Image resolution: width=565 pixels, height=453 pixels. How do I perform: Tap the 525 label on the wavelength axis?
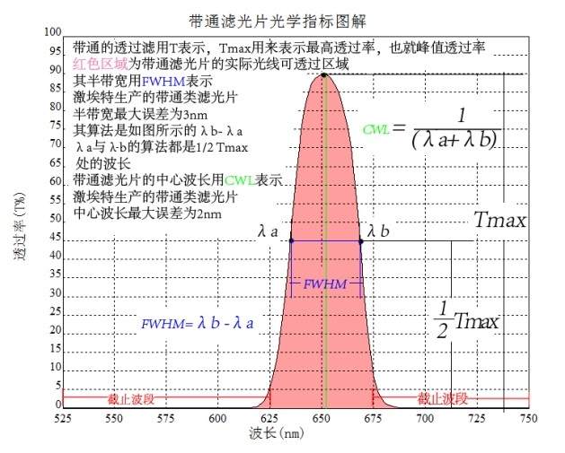coord(63,418)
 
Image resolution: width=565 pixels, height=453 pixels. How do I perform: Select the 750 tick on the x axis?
coord(530,418)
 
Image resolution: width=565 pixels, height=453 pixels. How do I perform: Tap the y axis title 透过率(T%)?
coord(20,229)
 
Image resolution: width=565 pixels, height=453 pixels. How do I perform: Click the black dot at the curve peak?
coord(323,74)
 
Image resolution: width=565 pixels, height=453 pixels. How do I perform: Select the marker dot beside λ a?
coord(289,240)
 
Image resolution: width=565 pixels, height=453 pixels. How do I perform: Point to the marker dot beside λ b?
coord(361,240)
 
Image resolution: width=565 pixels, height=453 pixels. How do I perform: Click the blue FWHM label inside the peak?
coord(325,283)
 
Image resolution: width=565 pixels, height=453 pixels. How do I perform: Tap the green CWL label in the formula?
coord(375,129)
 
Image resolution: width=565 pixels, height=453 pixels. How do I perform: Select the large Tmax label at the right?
coord(499,221)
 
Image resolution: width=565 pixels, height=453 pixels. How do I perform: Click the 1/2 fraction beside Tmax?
coord(442,319)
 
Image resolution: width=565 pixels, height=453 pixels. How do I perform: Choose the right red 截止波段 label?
coord(443,398)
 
